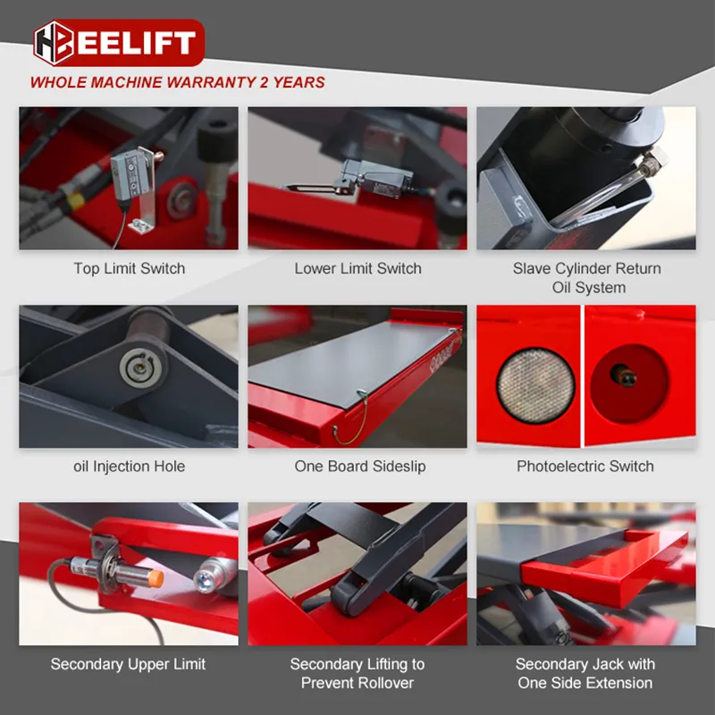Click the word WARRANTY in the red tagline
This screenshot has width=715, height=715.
point(206,82)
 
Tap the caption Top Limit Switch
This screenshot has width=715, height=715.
point(129,268)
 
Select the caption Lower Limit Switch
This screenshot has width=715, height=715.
point(357,268)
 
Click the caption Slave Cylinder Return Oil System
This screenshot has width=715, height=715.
point(586,278)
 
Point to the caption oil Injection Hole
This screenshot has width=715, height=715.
point(129,466)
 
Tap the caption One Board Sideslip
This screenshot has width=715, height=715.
point(357,466)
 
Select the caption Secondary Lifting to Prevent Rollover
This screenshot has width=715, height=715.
point(357,673)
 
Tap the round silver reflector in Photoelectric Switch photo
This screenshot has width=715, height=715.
point(534,383)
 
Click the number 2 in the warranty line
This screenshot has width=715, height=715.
point(265,82)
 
